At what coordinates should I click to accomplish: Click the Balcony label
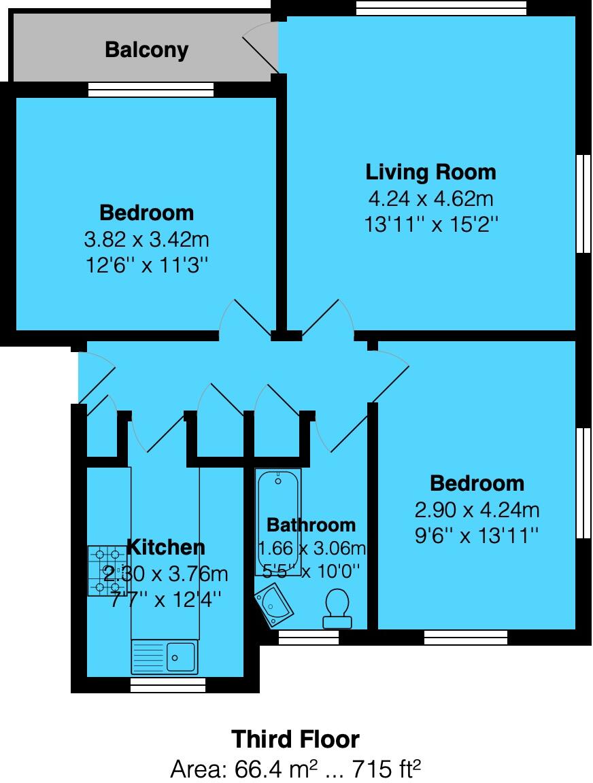(x=146, y=50)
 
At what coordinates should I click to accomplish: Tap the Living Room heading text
(x=430, y=172)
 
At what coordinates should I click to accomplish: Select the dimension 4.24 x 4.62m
(x=430, y=199)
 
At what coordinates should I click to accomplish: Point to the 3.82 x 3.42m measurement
(x=146, y=239)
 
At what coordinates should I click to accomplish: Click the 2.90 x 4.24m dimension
(x=477, y=510)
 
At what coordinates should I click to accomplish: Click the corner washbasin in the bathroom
(x=275, y=605)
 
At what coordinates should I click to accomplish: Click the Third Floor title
(x=295, y=739)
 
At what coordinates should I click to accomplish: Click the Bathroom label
(x=311, y=525)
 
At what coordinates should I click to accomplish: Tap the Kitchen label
(x=165, y=547)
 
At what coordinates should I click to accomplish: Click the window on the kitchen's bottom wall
(x=167, y=685)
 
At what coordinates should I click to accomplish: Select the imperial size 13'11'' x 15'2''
(x=430, y=224)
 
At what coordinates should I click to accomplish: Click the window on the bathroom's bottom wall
(x=309, y=638)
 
